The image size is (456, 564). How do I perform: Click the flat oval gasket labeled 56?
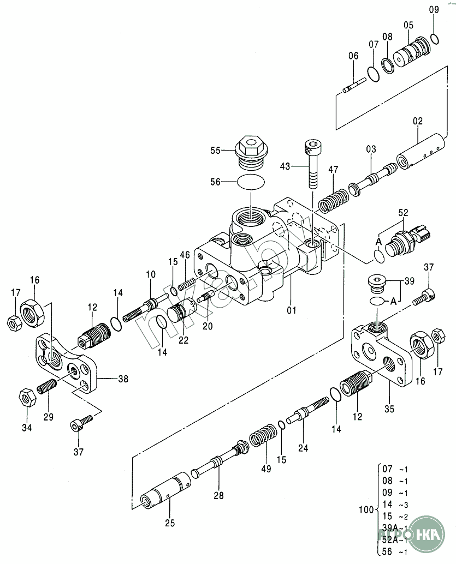tap(252, 182)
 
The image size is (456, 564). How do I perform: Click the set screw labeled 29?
tap(47, 388)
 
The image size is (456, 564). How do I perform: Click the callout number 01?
tap(291, 310)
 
